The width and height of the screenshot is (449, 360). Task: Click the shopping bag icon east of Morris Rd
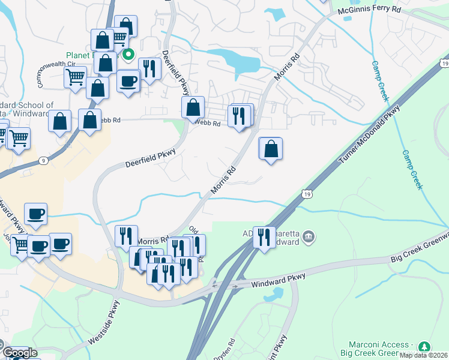click(271, 148)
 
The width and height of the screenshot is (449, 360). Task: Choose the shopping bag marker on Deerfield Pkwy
click(193, 108)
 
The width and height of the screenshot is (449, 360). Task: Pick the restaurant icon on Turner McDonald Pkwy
click(263, 237)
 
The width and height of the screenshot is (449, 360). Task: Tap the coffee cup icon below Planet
click(128, 81)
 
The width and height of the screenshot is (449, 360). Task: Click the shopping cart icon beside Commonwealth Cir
click(76, 77)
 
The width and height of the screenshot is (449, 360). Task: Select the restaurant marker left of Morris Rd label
click(126, 236)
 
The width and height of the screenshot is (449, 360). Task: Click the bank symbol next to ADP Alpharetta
click(309, 237)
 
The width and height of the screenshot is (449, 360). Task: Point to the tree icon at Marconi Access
click(424, 347)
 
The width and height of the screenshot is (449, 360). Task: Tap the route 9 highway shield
click(42, 160)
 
